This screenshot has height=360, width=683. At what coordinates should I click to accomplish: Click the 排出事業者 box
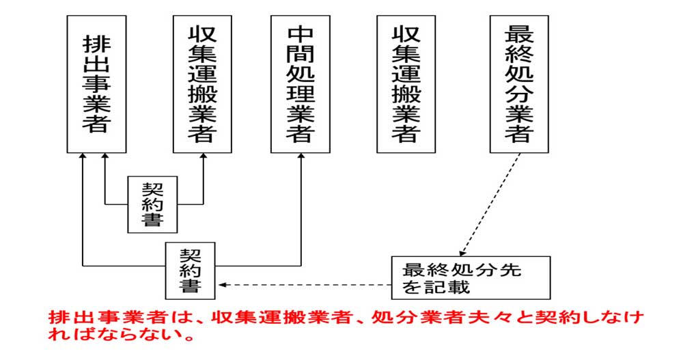(x=96, y=83)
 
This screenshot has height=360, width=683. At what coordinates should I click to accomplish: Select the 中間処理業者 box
(x=300, y=83)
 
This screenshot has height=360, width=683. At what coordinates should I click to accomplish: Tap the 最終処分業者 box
(x=519, y=83)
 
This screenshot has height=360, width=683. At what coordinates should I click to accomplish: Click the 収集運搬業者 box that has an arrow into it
(x=203, y=83)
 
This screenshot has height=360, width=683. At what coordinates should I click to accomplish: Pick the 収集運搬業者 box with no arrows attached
(x=406, y=83)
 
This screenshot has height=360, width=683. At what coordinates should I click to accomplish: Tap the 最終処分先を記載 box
(x=471, y=277)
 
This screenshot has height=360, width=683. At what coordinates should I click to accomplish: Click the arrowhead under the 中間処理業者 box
(x=301, y=157)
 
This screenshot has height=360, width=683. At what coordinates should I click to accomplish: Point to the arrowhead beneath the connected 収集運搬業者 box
(x=203, y=157)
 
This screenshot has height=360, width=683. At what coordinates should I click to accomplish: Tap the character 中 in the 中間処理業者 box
(x=300, y=33)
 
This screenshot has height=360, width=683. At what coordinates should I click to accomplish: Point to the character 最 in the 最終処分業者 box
(x=519, y=33)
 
